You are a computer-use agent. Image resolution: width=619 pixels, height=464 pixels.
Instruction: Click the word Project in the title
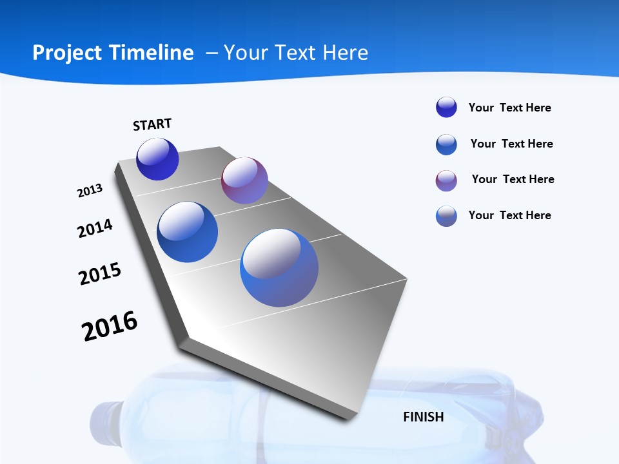pos(66,53)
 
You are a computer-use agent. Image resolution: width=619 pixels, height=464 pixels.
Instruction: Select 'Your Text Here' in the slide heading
pos(296,53)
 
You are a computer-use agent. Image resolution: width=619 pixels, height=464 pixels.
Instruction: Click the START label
pos(152,124)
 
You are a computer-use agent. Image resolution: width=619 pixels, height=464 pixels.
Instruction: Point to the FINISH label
pos(424,417)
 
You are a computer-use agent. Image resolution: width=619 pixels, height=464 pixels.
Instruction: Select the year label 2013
pos(90,191)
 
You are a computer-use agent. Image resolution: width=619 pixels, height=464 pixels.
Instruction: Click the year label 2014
pos(95,228)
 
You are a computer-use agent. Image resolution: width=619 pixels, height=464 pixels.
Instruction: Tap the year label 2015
pos(100,274)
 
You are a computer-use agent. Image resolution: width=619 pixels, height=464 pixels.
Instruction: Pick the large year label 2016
pos(110,326)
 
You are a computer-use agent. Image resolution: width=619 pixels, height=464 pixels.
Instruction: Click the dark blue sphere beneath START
pos(157,159)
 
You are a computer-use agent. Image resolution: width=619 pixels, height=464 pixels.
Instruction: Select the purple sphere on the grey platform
pos(244,180)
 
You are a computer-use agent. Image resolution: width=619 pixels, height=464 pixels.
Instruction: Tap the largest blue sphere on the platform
pos(279,267)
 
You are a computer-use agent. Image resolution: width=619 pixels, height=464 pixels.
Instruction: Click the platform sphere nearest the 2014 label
pos(188,232)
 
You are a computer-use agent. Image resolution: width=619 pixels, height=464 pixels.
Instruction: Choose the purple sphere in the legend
pos(446,180)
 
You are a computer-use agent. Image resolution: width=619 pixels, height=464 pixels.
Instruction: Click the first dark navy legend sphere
pos(446,108)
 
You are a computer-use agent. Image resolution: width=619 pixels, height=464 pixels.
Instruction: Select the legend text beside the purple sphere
pos(513,179)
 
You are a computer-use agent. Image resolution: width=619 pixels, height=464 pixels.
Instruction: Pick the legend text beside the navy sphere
pos(509,108)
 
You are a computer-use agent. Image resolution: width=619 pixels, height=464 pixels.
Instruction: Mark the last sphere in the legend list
pos(446,216)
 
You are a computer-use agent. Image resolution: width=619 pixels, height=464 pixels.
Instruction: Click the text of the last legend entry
pos(509,215)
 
